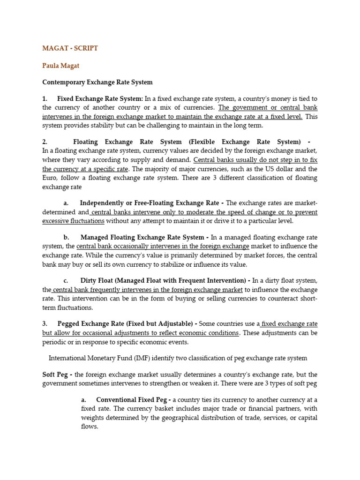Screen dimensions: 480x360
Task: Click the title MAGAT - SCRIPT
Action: [x=70, y=48]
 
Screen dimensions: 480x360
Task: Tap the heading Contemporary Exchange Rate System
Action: [x=97, y=82]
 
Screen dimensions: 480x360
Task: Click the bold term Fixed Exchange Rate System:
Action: [x=100, y=98]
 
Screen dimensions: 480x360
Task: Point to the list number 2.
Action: [x=45, y=142]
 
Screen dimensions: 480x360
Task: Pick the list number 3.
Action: [x=45, y=323]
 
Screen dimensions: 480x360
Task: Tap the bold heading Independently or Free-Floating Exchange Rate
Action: [x=149, y=203]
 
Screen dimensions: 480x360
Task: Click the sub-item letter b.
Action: [x=66, y=237]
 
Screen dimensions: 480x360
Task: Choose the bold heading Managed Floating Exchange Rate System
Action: [x=142, y=237]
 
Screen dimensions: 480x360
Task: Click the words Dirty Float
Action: [x=99, y=280]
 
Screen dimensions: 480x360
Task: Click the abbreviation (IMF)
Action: [x=126, y=358]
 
